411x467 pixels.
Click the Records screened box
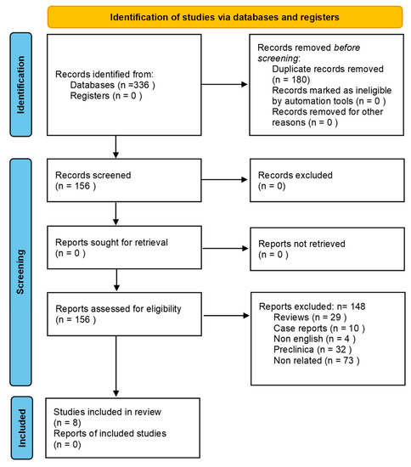point(120,180)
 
